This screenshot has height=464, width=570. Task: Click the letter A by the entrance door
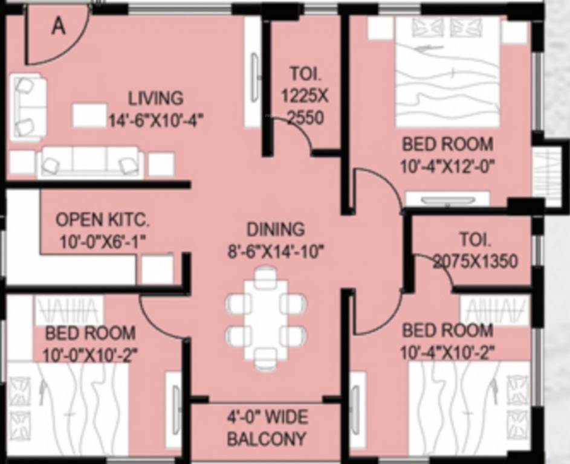point(58,27)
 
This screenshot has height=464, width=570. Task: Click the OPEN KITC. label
point(102,219)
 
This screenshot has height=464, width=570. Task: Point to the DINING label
point(276,230)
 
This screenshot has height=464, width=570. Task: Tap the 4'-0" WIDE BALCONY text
point(267,428)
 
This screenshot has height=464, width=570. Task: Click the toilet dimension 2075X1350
point(475,261)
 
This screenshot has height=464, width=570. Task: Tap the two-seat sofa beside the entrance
point(28,106)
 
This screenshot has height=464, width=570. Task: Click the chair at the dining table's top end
point(264,278)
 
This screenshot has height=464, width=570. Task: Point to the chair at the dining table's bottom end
point(264,359)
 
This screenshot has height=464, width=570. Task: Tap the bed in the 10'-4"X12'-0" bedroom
point(448,72)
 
